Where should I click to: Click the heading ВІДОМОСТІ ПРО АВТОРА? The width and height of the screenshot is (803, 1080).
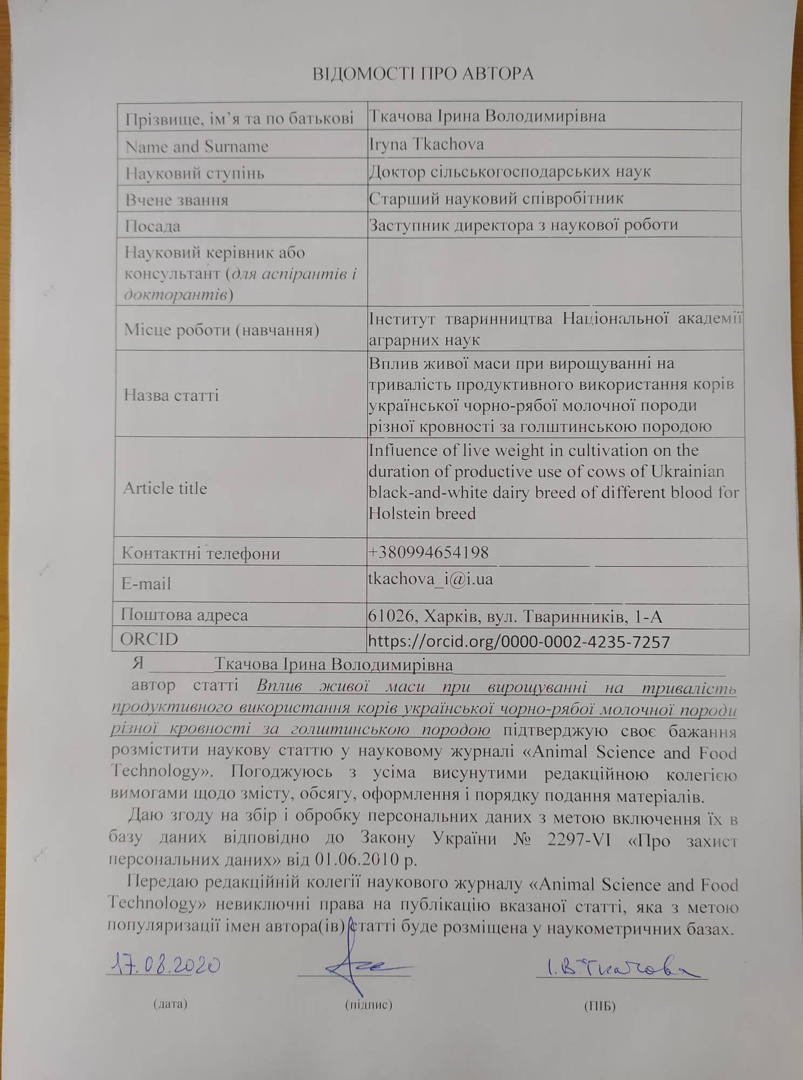click(x=423, y=73)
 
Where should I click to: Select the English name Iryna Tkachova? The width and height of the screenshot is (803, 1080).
click(x=426, y=144)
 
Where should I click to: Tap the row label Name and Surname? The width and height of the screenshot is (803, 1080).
click(x=196, y=146)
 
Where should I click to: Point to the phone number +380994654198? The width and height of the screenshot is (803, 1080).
click(x=428, y=552)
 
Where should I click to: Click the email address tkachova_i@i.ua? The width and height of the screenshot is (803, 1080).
click(x=430, y=579)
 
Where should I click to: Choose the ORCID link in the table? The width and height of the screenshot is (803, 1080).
click(x=519, y=642)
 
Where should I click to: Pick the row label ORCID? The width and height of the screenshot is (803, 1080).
click(x=149, y=639)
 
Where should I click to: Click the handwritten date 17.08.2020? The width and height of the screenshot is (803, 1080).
click(x=163, y=965)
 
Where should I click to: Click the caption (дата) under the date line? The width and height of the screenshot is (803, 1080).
click(x=170, y=1004)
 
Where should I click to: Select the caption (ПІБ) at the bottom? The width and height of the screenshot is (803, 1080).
click(x=600, y=1005)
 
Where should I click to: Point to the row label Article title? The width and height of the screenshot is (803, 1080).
click(x=165, y=488)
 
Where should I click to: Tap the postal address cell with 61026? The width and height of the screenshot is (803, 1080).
click(x=515, y=616)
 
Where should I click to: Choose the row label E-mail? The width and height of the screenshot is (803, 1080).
click(x=146, y=584)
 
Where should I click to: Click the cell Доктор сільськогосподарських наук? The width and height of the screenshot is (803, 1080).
click(x=510, y=172)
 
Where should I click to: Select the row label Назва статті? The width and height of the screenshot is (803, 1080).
click(x=171, y=395)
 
